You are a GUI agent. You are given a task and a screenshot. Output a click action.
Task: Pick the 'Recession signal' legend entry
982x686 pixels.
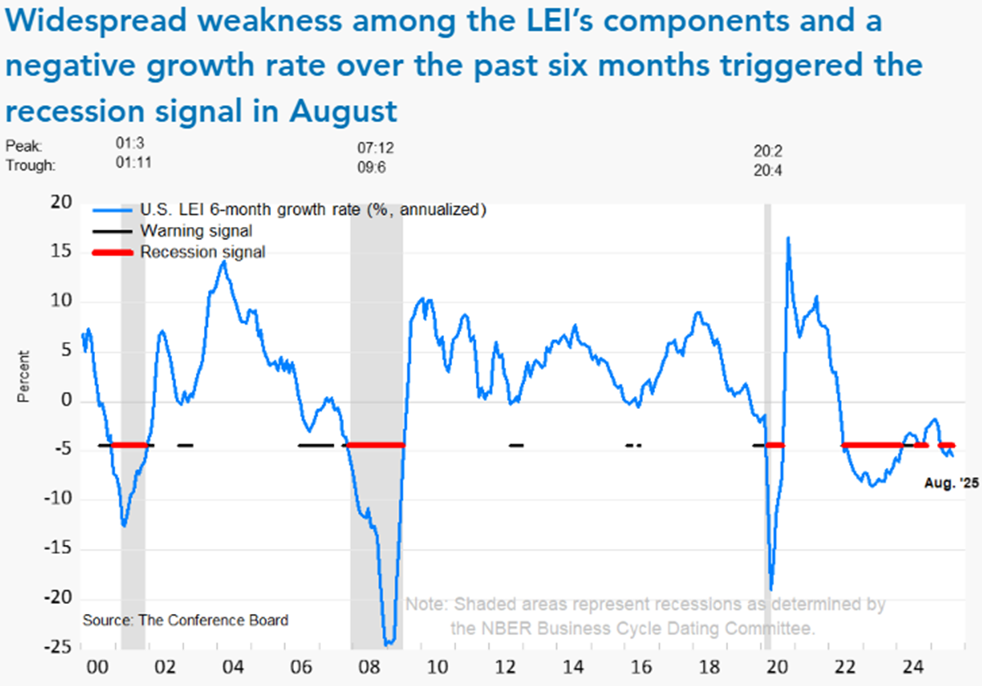coord(202,252)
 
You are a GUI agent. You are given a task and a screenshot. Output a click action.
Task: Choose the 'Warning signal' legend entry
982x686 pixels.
coord(196,231)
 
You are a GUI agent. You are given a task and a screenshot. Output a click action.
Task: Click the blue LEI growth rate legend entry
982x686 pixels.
coord(314,210)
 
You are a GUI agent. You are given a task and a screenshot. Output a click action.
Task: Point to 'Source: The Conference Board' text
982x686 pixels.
coord(185,620)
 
